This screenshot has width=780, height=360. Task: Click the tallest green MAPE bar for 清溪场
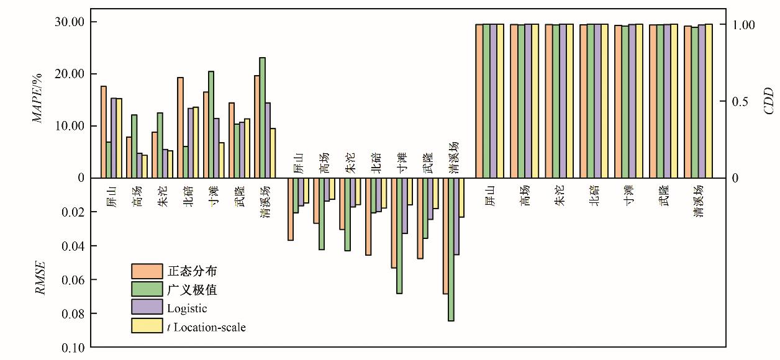tap(262, 118)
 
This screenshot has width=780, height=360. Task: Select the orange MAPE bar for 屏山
tap(104, 132)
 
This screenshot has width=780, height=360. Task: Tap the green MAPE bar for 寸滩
tap(211, 125)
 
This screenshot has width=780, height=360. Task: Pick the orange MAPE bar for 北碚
tap(180, 128)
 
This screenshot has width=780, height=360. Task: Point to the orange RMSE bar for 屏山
tap(290, 209)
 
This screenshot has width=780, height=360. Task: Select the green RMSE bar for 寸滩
tap(399, 236)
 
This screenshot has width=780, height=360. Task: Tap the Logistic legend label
tap(187, 308)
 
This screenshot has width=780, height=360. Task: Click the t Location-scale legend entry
tap(207, 326)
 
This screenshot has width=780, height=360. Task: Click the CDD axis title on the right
tap(768, 101)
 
